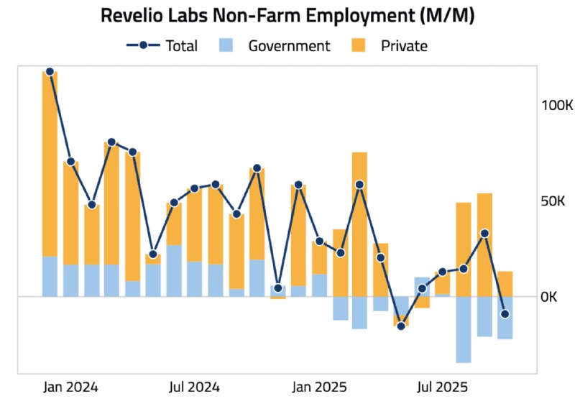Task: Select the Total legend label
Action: pos(181,46)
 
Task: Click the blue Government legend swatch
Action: pos(226,46)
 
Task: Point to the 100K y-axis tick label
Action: pos(556,105)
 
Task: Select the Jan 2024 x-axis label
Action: pos(70,387)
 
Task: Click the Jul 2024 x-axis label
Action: pos(194,387)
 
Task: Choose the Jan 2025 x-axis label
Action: pos(319,387)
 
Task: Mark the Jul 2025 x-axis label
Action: pos(443,387)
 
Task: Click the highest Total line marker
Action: pos(50,72)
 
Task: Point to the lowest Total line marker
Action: pos(401,326)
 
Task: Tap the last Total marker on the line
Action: pos(505,314)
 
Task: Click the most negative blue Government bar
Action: pos(464,329)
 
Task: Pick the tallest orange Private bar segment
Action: pos(50,164)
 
